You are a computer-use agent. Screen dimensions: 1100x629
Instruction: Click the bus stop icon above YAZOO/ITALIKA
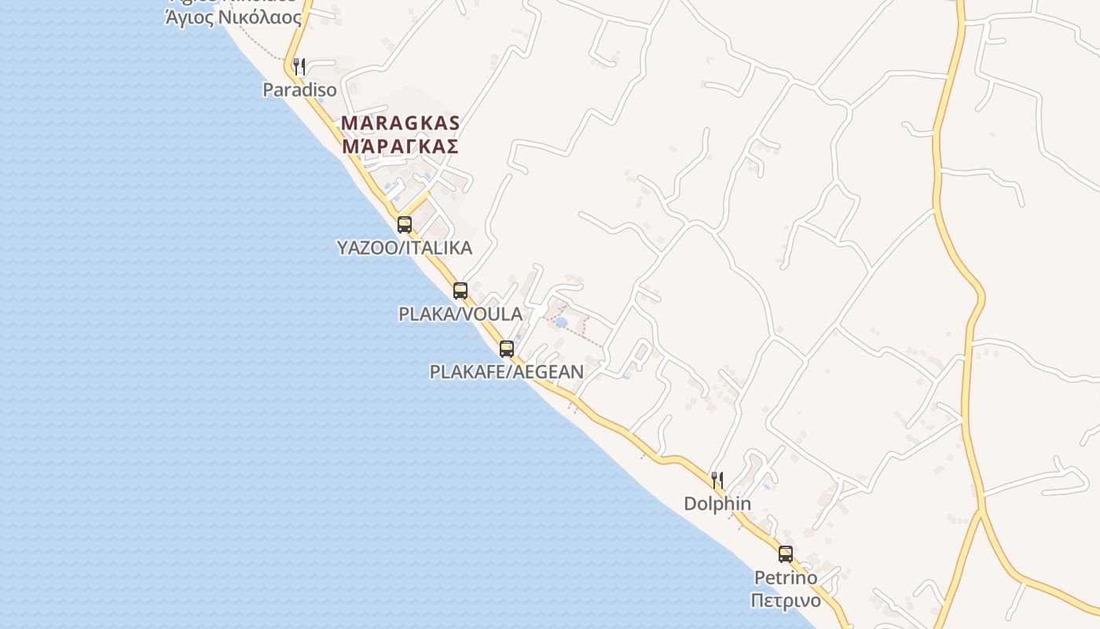(x=405, y=224)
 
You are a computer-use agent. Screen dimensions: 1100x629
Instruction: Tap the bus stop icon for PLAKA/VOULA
(x=460, y=290)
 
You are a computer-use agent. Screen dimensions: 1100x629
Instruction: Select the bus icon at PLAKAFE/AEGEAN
(x=507, y=348)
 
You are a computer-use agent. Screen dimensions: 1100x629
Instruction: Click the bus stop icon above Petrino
(x=785, y=554)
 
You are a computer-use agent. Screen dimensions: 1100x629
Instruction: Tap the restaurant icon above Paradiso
(x=299, y=66)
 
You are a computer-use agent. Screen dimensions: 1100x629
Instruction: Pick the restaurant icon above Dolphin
(x=717, y=480)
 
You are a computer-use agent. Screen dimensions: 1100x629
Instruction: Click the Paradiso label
(x=299, y=90)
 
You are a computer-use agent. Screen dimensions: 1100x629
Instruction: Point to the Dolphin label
(x=717, y=503)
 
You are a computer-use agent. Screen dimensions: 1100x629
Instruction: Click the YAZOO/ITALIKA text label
(x=405, y=248)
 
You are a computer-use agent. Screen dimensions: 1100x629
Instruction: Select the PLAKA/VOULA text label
(x=460, y=314)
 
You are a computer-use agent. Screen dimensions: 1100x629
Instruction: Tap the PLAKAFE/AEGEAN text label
(x=507, y=371)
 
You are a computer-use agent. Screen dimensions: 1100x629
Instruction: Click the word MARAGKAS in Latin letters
(x=401, y=123)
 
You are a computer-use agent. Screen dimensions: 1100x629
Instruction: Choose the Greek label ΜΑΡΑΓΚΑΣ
(x=401, y=145)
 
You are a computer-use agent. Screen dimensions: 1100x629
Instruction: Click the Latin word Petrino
(x=786, y=578)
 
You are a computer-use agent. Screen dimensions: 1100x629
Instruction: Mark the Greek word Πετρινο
(x=786, y=601)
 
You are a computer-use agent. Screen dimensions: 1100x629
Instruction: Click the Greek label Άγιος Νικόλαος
(x=233, y=17)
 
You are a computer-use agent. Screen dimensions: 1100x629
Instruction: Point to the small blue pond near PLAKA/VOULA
(x=561, y=322)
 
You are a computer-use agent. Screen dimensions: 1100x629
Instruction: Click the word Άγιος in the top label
(x=189, y=17)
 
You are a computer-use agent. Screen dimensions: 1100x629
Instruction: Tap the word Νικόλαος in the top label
(x=259, y=17)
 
